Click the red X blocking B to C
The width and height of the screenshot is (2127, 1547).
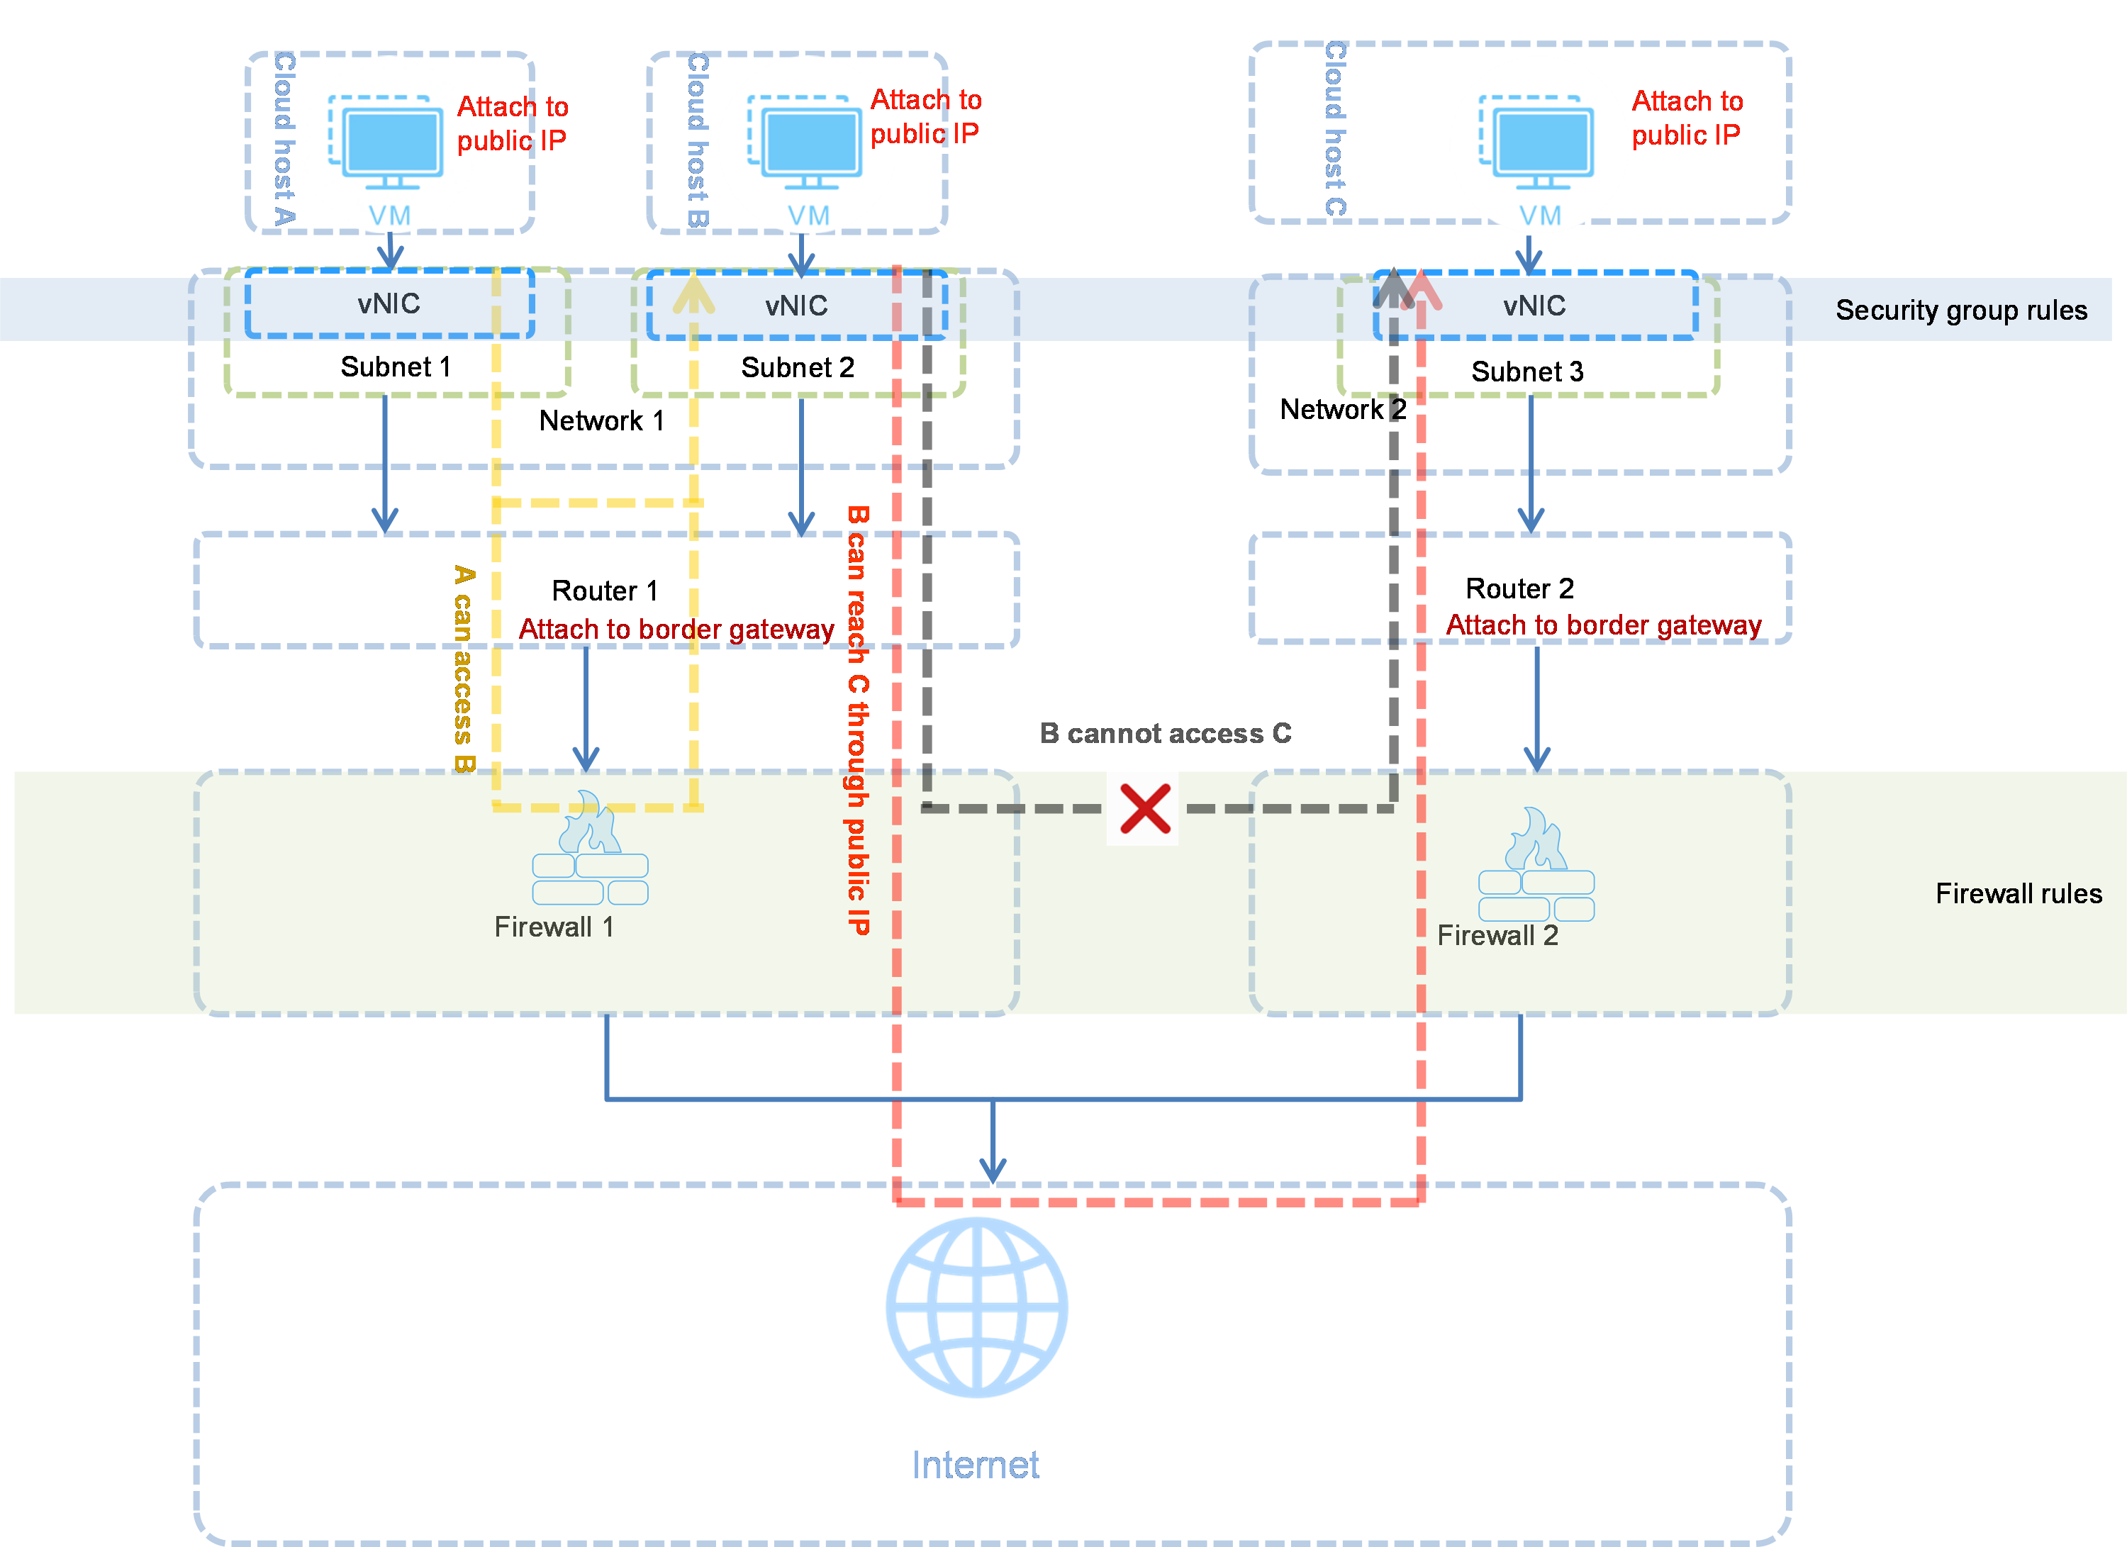[x=1145, y=809]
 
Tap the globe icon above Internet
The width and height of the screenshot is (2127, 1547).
[x=977, y=1308]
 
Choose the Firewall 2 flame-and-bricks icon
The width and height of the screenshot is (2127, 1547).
[x=1536, y=864]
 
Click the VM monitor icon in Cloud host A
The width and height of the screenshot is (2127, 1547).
[x=386, y=143]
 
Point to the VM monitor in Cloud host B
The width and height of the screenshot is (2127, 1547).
[x=805, y=143]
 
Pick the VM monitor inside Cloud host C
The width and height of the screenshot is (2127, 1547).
[x=1536, y=143]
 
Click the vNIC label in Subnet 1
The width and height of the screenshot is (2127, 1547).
[x=389, y=303]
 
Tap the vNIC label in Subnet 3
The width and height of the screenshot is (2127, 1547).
[x=1534, y=306]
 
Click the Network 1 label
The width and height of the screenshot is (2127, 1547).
[x=601, y=421]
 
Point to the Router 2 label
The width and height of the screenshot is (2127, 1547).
[x=1519, y=588]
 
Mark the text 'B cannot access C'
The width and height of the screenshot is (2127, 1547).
[x=1165, y=733]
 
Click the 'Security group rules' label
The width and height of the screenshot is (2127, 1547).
[x=1961, y=311]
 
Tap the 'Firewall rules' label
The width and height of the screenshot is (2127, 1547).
[x=2019, y=893]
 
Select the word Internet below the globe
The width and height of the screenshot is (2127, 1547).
[x=976, y=1465]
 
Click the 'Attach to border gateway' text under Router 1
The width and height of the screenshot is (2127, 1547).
[x=676, y=629]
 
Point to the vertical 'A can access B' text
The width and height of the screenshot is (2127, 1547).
[x=463, y=669]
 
